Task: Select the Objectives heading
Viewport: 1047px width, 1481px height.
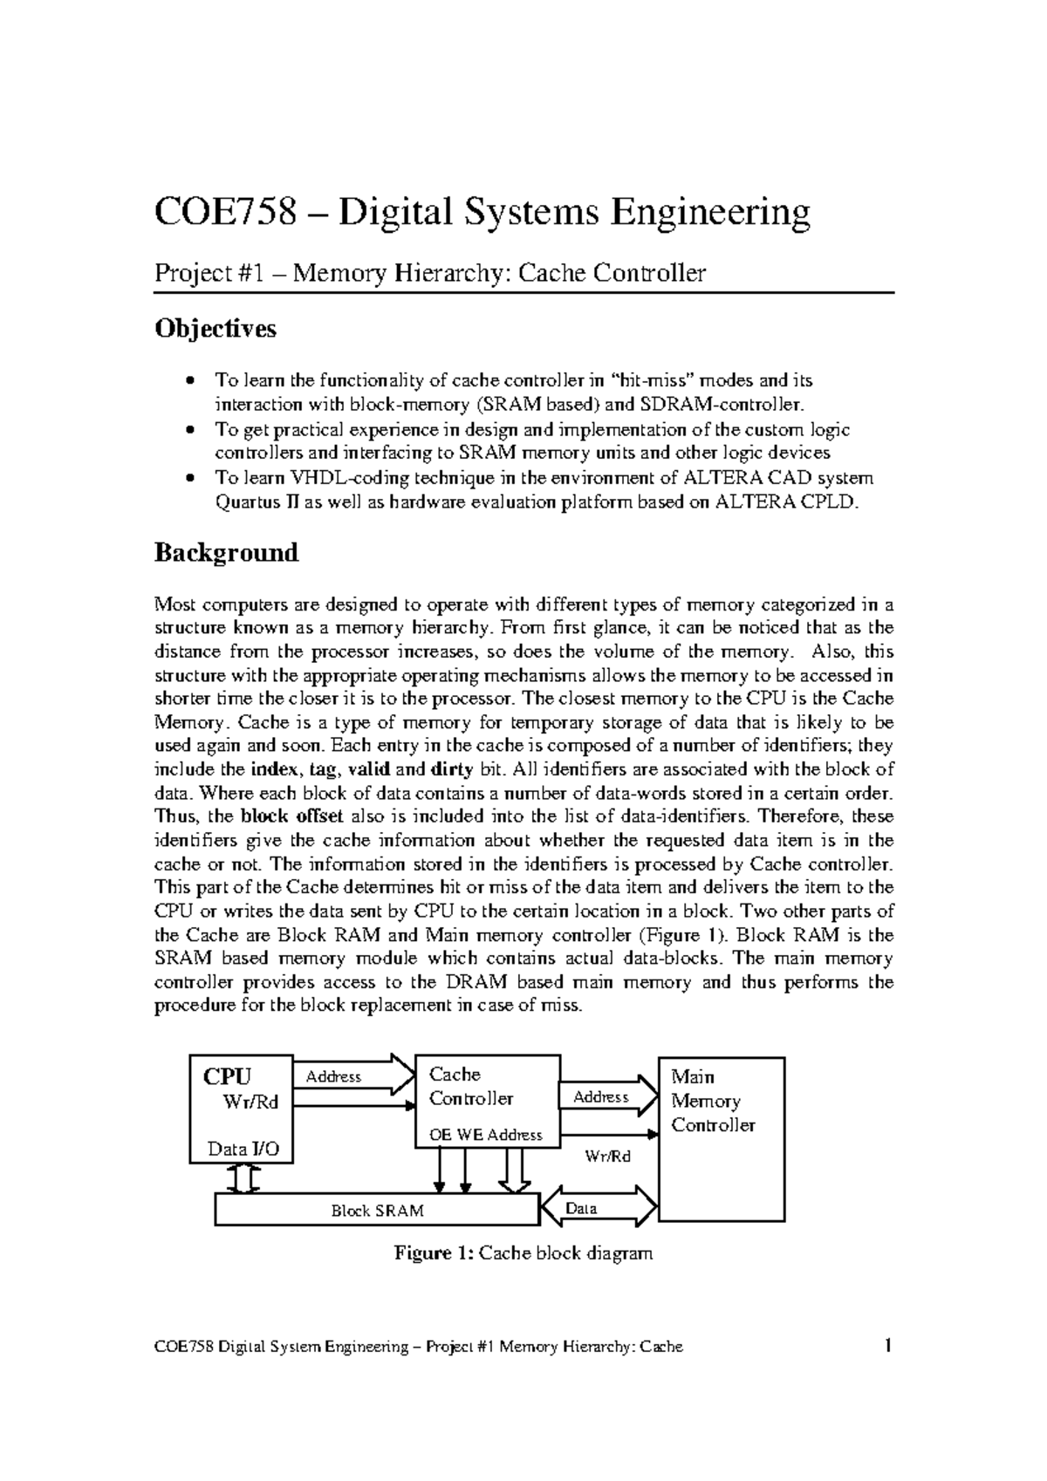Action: [x=215, y=329]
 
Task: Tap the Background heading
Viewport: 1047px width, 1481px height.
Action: [x=226, y=553]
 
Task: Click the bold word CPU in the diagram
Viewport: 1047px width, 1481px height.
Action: [x=227, y=1076]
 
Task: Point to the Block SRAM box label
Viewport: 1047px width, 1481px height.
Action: [x=377, y=1211]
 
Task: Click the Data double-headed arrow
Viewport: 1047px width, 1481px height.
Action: [x=599, y=1208]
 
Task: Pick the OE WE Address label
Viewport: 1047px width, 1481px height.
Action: [x=486, y=1135]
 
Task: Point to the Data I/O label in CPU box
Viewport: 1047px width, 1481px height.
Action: [x=243, y=1149]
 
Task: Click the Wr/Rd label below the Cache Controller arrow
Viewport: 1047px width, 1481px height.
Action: [x=607, y=1157]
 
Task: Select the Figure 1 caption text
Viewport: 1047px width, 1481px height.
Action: [x=523, y=1254]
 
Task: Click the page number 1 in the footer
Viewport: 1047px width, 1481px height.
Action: [x=887, y=1346]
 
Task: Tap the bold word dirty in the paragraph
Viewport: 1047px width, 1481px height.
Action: [x=452, y=770]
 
